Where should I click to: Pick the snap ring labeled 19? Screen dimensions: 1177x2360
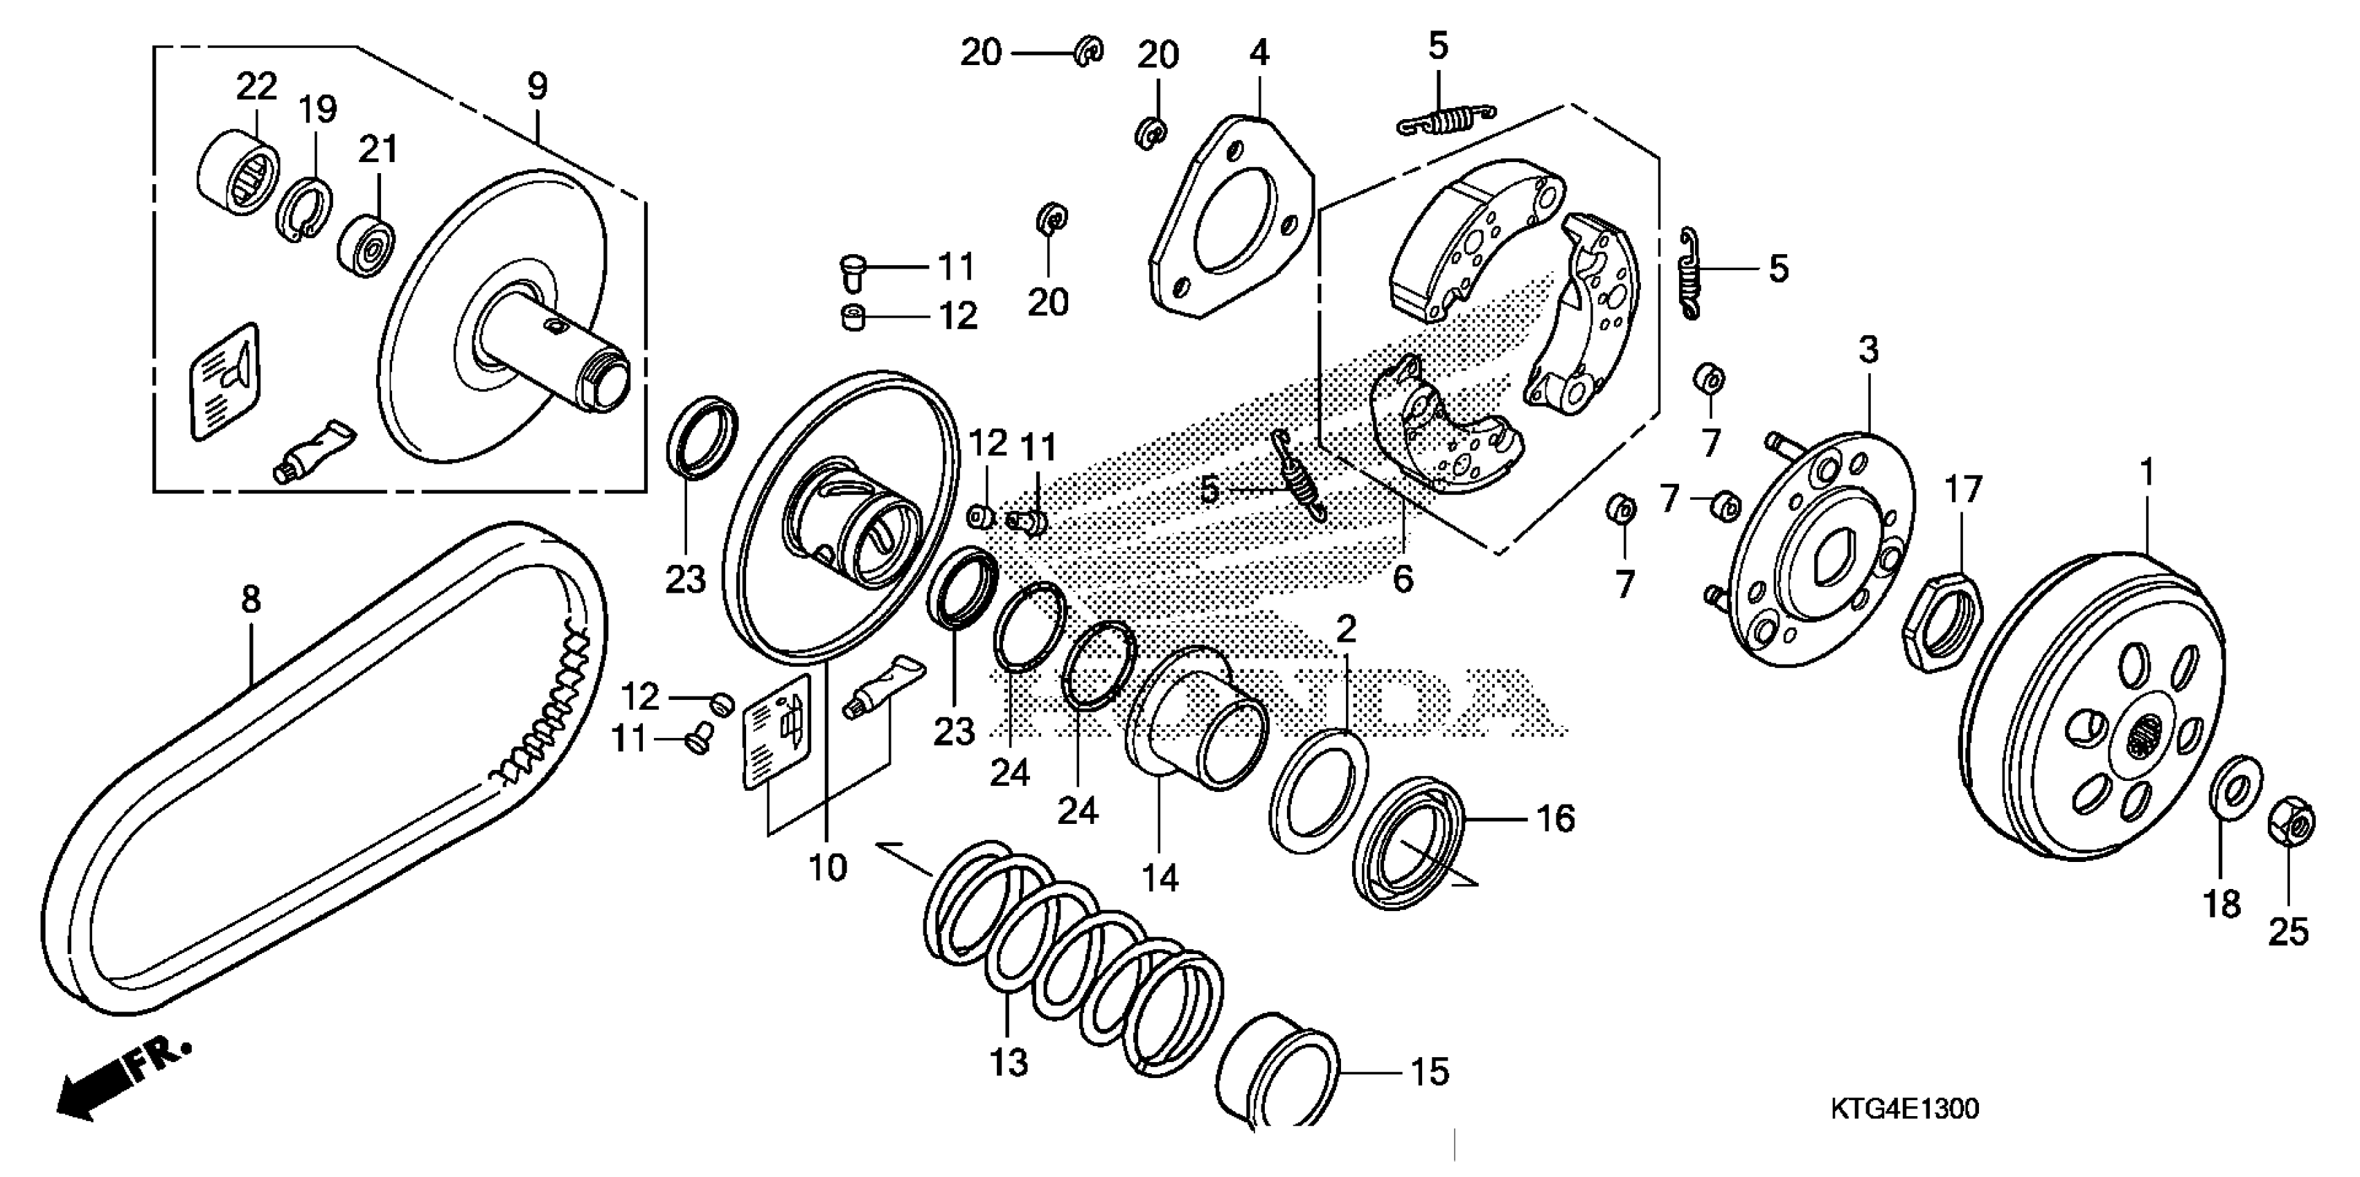pyautogui.click(x=303, y=210)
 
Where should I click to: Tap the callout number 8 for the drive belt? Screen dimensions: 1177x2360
pyautogui.click(x=250, y=600)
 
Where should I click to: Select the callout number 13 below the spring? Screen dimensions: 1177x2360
pyautogui.click(x=1009, y=1063)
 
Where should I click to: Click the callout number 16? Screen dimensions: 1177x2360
pyautogui.click(x=1554, y=818)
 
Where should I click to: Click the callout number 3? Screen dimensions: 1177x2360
pyautogui.click(x=1868, y=349)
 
